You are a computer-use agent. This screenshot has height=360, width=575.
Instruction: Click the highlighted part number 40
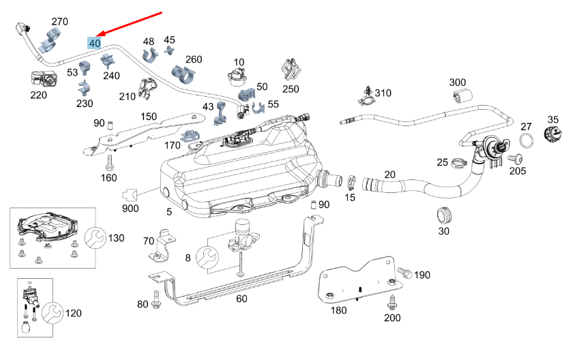point(95,43)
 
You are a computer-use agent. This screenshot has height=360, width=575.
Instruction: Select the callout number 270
point(60,22)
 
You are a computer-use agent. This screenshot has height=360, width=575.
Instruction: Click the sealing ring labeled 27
point(527,142)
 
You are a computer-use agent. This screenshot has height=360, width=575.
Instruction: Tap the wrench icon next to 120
point(52,314)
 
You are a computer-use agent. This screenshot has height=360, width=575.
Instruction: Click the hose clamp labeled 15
point(350,183)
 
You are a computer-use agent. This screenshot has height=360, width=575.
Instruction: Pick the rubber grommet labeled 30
point(445,215)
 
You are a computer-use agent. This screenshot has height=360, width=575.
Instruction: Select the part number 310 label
point(383,93)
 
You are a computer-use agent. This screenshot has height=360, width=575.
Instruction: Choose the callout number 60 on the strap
point(241,298)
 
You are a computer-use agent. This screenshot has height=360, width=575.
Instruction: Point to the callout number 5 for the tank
point(168,212)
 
